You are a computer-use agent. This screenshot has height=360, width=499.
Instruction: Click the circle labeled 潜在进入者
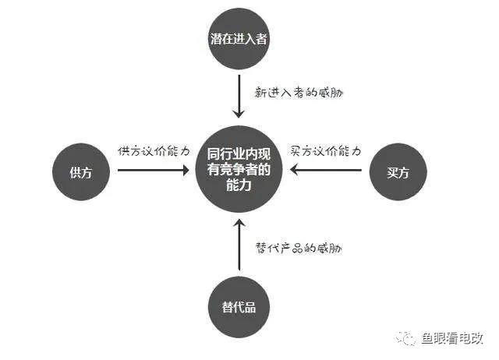coord(239,39)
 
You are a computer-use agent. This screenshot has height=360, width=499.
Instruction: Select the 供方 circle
coord(81,171)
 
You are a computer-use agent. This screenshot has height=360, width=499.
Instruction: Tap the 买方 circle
coord(398,171)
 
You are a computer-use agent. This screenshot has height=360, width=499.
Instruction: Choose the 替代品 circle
coord(239,307)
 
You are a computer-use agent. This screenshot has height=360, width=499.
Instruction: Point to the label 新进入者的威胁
coord(299,93)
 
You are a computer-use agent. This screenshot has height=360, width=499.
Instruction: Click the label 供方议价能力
coord(154,150)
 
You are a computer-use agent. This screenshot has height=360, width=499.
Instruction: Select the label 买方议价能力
coord(326,150)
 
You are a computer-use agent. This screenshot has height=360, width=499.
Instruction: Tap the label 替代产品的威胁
coord(299,248)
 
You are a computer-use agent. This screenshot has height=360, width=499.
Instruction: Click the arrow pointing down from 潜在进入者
coord(239,96)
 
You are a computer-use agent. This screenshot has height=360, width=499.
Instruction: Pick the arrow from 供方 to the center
coord(154,170)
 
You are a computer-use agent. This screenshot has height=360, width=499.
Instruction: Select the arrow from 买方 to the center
coord(326,170)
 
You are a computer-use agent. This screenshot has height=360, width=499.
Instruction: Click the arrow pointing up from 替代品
coord(239,245)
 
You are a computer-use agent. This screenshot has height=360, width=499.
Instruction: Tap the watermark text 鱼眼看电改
coord(452,338)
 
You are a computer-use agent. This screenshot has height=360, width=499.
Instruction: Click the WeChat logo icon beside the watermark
coord(405,337)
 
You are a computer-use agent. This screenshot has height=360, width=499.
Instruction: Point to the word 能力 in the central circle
coord(239,185)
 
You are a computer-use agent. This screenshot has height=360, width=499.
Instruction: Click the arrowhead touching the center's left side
coord(186,170)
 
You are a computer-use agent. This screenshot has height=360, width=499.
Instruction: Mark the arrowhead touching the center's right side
coord(293,170)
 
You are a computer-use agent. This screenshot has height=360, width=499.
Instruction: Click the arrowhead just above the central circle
coord(239,114)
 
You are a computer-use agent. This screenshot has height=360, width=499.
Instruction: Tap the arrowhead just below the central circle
coord(239,223)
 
